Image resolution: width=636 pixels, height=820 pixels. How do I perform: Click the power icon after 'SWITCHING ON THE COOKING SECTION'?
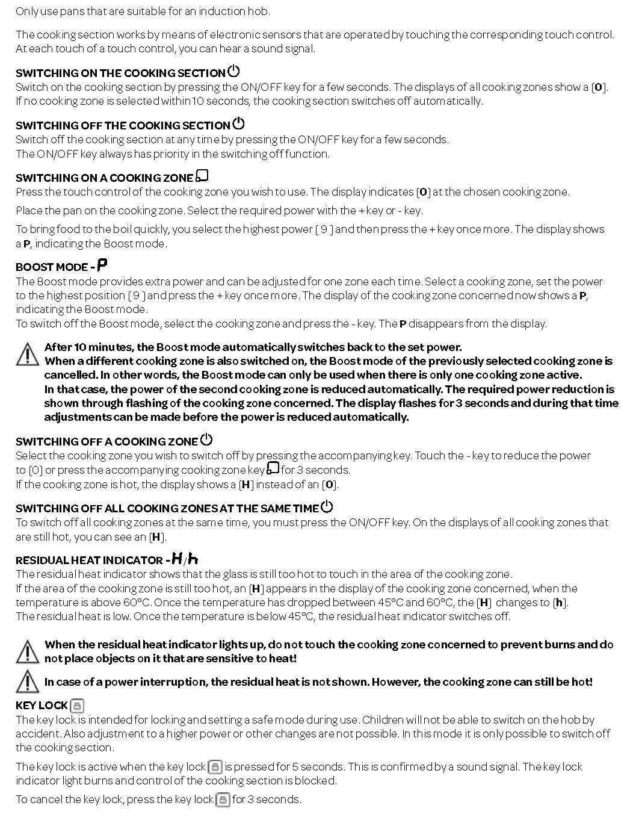(233, 71)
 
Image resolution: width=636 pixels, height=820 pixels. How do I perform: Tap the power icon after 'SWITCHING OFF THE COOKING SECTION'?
(238, 123)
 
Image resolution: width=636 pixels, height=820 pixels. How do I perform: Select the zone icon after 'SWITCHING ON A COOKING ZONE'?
(202, 176)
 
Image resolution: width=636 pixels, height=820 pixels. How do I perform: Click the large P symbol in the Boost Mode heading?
(102, 265)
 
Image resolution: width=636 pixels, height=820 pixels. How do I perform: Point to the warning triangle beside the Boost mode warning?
(27, 354)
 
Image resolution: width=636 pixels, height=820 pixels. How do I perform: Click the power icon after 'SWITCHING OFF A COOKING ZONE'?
(206, 440)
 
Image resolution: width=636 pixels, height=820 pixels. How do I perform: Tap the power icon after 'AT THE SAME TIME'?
(327, 506)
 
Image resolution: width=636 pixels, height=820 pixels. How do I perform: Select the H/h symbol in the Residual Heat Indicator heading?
(185, 559)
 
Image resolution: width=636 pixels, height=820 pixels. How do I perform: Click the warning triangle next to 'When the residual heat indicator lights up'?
(27, 651)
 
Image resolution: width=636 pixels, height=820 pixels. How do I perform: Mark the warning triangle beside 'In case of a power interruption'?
(27, 682)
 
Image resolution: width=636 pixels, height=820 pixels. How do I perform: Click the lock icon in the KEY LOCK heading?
(77, 706)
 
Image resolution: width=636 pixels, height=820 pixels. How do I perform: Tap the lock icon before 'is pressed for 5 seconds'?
(215, 767)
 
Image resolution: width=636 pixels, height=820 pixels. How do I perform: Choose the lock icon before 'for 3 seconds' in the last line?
(223, 800)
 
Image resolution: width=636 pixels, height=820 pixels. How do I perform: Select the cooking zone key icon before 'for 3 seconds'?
(273, 468)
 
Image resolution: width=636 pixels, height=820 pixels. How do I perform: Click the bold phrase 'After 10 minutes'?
(89, 347)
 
